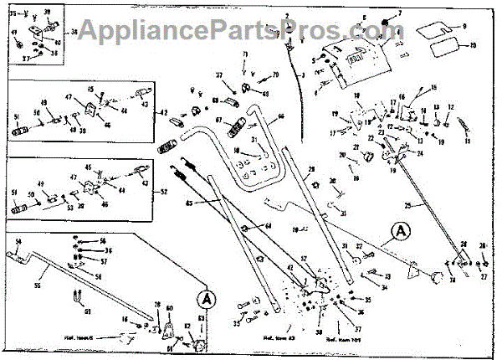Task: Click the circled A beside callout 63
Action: (x=205, y=297)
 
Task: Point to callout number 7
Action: (x=400, y=13)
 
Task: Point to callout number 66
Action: (x=281, y=118)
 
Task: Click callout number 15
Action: (x=434, y=87)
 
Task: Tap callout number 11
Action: (x=469, y=142)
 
